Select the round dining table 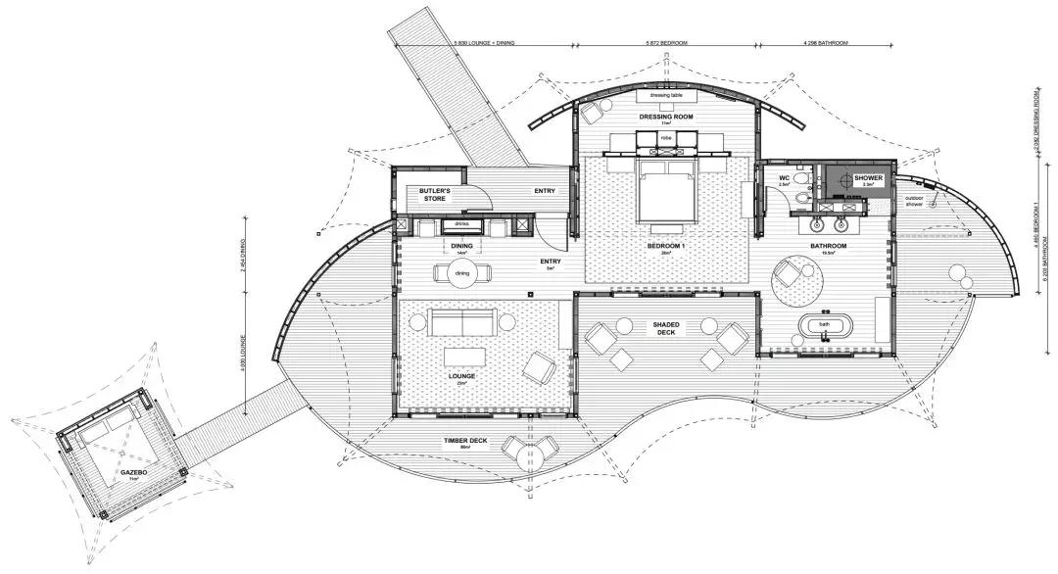[460, 273]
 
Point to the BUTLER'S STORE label [434, 194]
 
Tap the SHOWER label [868, 179]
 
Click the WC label [786, 179]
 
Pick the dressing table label [666, 95]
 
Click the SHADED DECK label [667, 328]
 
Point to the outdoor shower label [913, 203]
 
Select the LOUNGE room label [462, 376]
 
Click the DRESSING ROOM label [666, 117]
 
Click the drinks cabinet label [462, 224]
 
